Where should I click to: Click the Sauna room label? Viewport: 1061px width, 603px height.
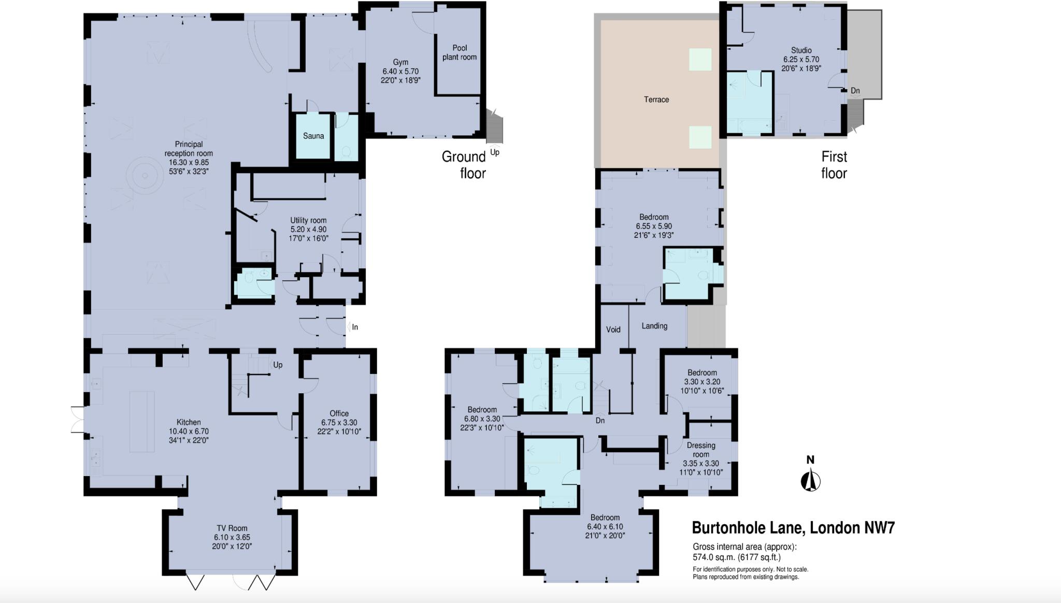pyautogui.click(x=313, y=136)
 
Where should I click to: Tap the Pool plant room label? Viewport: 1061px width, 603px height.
pyautogui.click(x=459, y=52)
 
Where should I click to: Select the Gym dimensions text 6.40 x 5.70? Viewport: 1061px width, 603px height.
pyautogui.click(x=400, y=71)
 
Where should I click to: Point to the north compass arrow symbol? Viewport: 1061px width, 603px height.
pyautogui.click(x=811, y=480)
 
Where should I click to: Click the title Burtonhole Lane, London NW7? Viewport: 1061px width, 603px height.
pyautogui.click(x=793, y=528)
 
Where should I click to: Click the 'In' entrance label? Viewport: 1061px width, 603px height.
pyautogui.click(x=355, y=327)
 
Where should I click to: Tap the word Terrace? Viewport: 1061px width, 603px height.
pyautogui.click(x=656, y=99)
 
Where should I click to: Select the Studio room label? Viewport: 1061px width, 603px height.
pyautogui.click(x=801, y=50)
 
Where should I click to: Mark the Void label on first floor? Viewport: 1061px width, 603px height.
pyautogui.click(x=613, y=329)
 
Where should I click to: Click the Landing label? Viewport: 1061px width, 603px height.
pyautogui.click(x=654, y=326)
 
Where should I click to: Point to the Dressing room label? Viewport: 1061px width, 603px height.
pyautogui.click(x=701, y=450)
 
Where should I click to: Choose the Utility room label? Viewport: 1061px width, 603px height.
pyautogui.click(x=308, y=220)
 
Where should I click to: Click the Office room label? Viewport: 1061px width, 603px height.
pyautogui.click(x=339, y=413)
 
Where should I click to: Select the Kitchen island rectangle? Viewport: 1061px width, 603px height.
pyautogui.click(x=142, y=421)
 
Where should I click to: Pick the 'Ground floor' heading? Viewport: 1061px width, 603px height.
pyautogui.click(x=464, y=164)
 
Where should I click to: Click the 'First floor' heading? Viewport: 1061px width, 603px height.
pyautogui.click(x=834, y=164)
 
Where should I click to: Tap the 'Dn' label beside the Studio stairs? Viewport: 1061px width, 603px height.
pyautogui.click(x=855, y=91)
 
